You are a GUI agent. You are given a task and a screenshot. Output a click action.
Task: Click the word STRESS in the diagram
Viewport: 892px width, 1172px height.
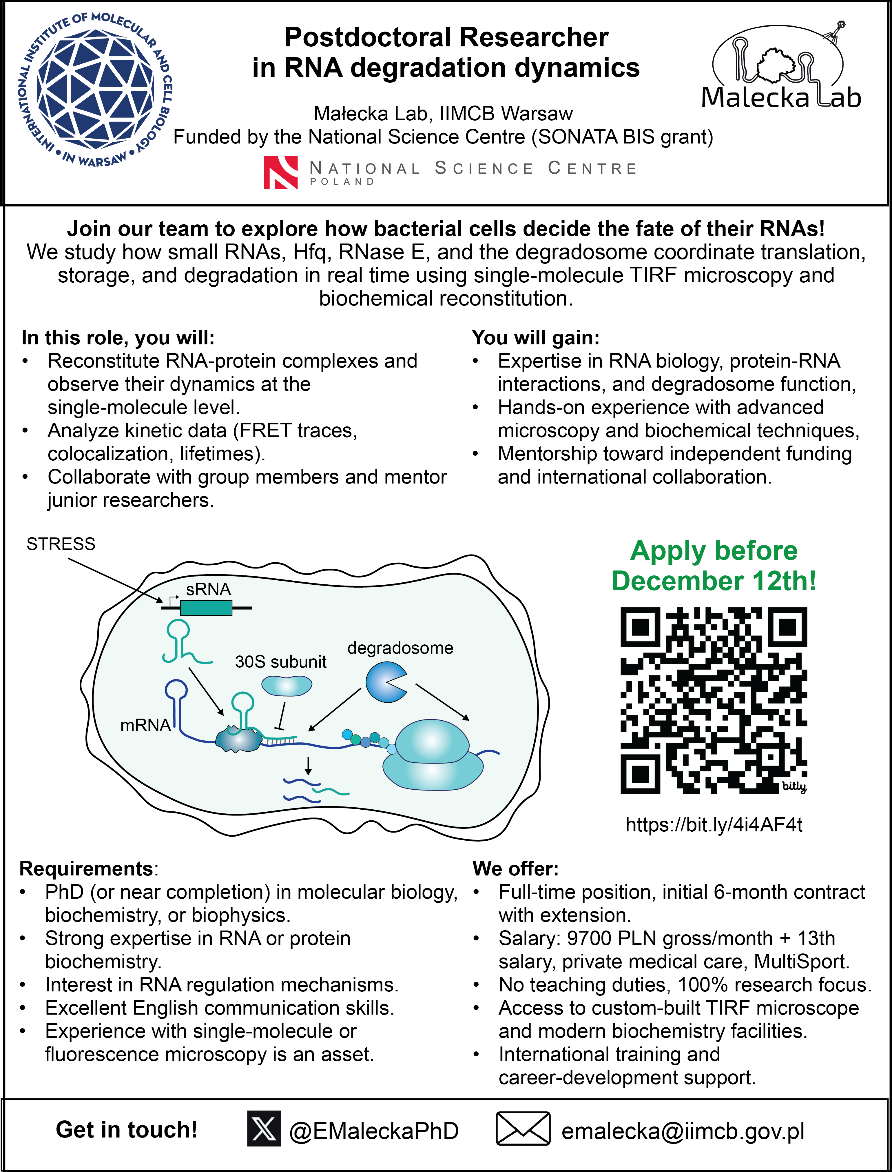click(x=61, y=544)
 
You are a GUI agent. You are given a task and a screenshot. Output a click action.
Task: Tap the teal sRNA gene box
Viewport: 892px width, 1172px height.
click(x=206, y=608)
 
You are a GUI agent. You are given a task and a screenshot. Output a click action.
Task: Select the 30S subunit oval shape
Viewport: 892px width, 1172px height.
click(x=287, y=685)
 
